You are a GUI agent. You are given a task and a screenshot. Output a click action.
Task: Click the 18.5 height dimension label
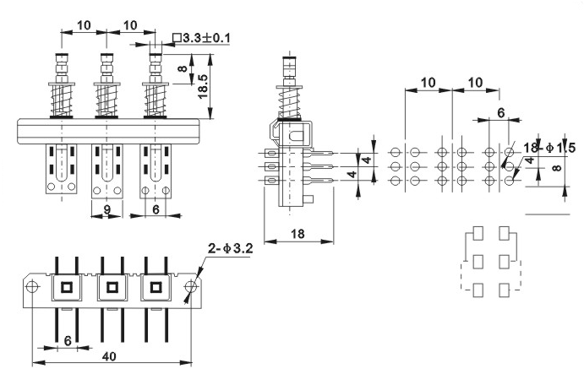pos(204,86)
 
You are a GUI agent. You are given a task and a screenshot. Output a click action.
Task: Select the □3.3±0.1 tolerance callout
pos(201,38)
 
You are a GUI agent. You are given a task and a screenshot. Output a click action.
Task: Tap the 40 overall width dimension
pos(109,356)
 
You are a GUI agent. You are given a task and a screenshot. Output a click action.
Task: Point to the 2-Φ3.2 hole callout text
pos(231,248)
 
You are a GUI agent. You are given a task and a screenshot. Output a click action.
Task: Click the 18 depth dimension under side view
pos(297,234)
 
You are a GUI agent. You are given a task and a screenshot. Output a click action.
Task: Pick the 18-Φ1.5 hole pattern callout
pos(549,148)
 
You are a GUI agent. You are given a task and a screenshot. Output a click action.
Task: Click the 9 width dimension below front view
pos(106,210)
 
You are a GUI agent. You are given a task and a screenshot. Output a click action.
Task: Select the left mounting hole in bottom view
pos(32,286)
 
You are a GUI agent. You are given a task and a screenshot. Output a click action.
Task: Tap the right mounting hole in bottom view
pos(191,286)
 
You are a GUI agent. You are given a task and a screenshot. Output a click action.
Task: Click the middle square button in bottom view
pos(112,287)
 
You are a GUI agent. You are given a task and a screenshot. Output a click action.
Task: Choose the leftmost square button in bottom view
pos(67,287)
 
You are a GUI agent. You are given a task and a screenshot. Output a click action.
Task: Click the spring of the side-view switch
pos(289,100)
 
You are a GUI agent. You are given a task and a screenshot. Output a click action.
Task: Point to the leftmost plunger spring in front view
pos(62,100)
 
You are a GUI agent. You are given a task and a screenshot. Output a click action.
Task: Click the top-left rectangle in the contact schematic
pos(478,233)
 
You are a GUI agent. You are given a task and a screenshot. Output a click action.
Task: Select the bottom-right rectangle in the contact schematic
pos(505,290)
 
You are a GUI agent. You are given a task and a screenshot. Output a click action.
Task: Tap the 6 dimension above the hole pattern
pos(501,112)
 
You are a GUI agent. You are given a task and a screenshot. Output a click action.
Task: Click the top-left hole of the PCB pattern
pos(396,152)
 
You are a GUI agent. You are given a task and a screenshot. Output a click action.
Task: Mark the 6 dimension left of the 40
pos(68,340)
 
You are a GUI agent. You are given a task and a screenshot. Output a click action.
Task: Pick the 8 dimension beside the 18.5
pos(183,69)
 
